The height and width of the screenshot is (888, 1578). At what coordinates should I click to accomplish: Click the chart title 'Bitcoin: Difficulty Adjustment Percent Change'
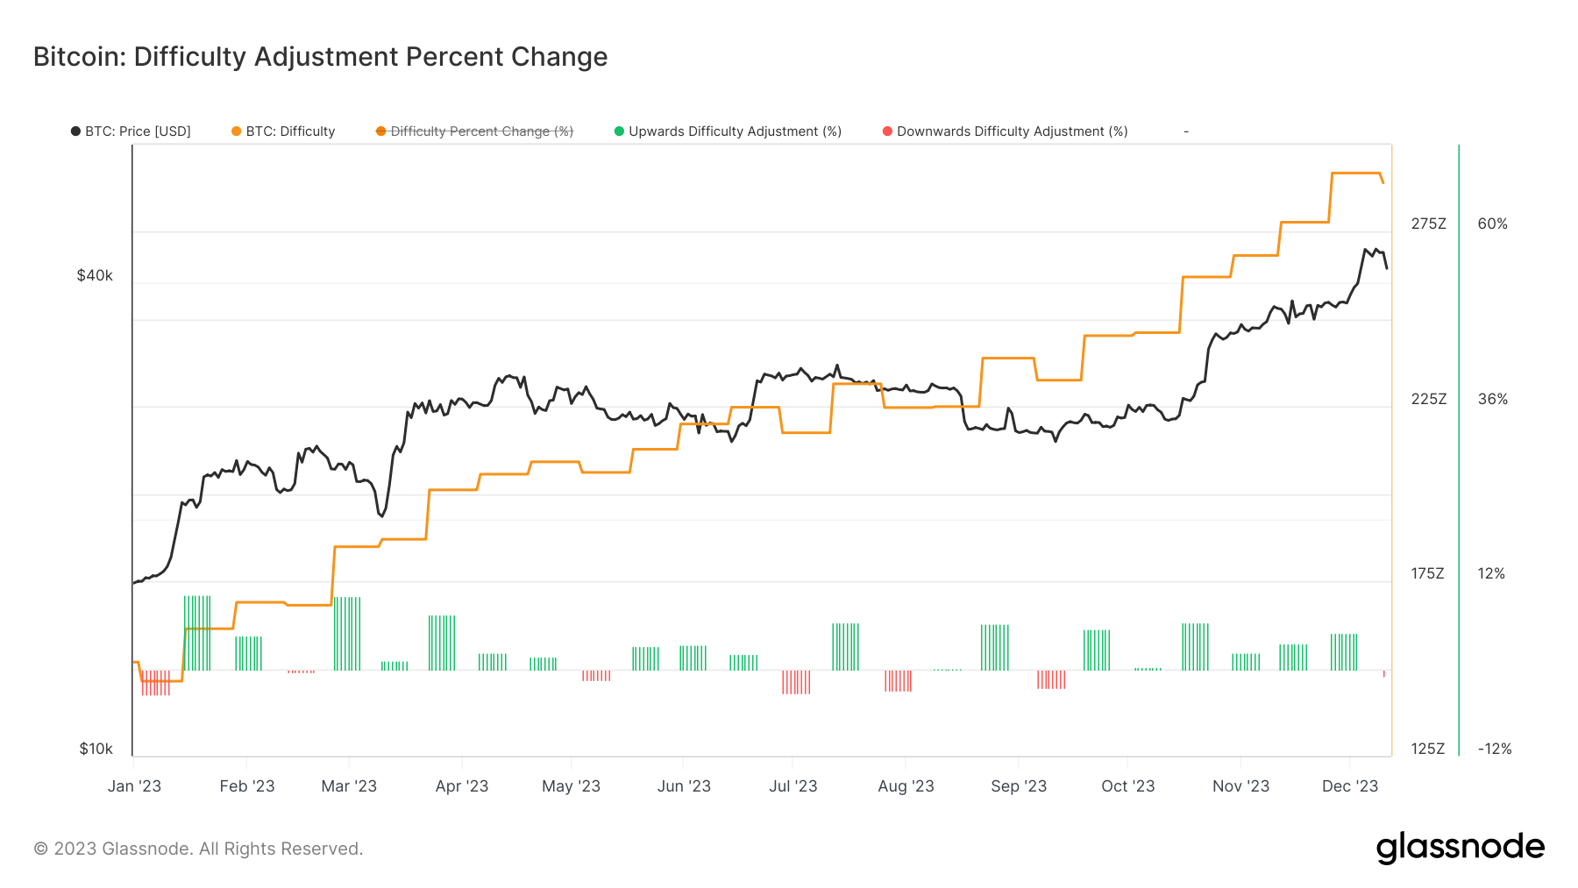click(x=320, y=57)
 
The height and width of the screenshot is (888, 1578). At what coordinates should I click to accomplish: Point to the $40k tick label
click(x=95, y=275)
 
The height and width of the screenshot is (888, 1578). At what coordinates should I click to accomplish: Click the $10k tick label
click(x=96, y=749)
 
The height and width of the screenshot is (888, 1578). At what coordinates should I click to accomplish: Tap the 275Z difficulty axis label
click(x=1428, y=224)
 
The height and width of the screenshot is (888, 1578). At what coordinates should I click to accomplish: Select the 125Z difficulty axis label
click(x=1428, y=749)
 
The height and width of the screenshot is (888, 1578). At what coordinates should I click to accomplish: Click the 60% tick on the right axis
click(x=1492, y=224)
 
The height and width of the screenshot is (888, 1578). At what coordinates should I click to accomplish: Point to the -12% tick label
click(x=1494, y=749)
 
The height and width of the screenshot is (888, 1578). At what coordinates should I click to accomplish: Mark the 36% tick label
click(x=1492, y=399)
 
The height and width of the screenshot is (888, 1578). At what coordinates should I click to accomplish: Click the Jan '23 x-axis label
click(x=134, y=786)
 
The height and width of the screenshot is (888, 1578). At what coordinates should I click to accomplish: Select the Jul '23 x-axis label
click(x=793, y=786)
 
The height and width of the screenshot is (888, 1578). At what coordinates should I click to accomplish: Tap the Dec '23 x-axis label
click(x=1349, y=786)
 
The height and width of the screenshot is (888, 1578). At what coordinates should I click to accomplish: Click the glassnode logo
click(x=1460, y=848)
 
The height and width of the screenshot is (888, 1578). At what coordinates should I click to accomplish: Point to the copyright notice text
click(x=198, y=849)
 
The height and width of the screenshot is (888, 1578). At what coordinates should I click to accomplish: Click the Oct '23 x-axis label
click(x=1127, y=786)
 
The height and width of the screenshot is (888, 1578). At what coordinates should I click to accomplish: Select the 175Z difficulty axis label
click(x=1427, y=573)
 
